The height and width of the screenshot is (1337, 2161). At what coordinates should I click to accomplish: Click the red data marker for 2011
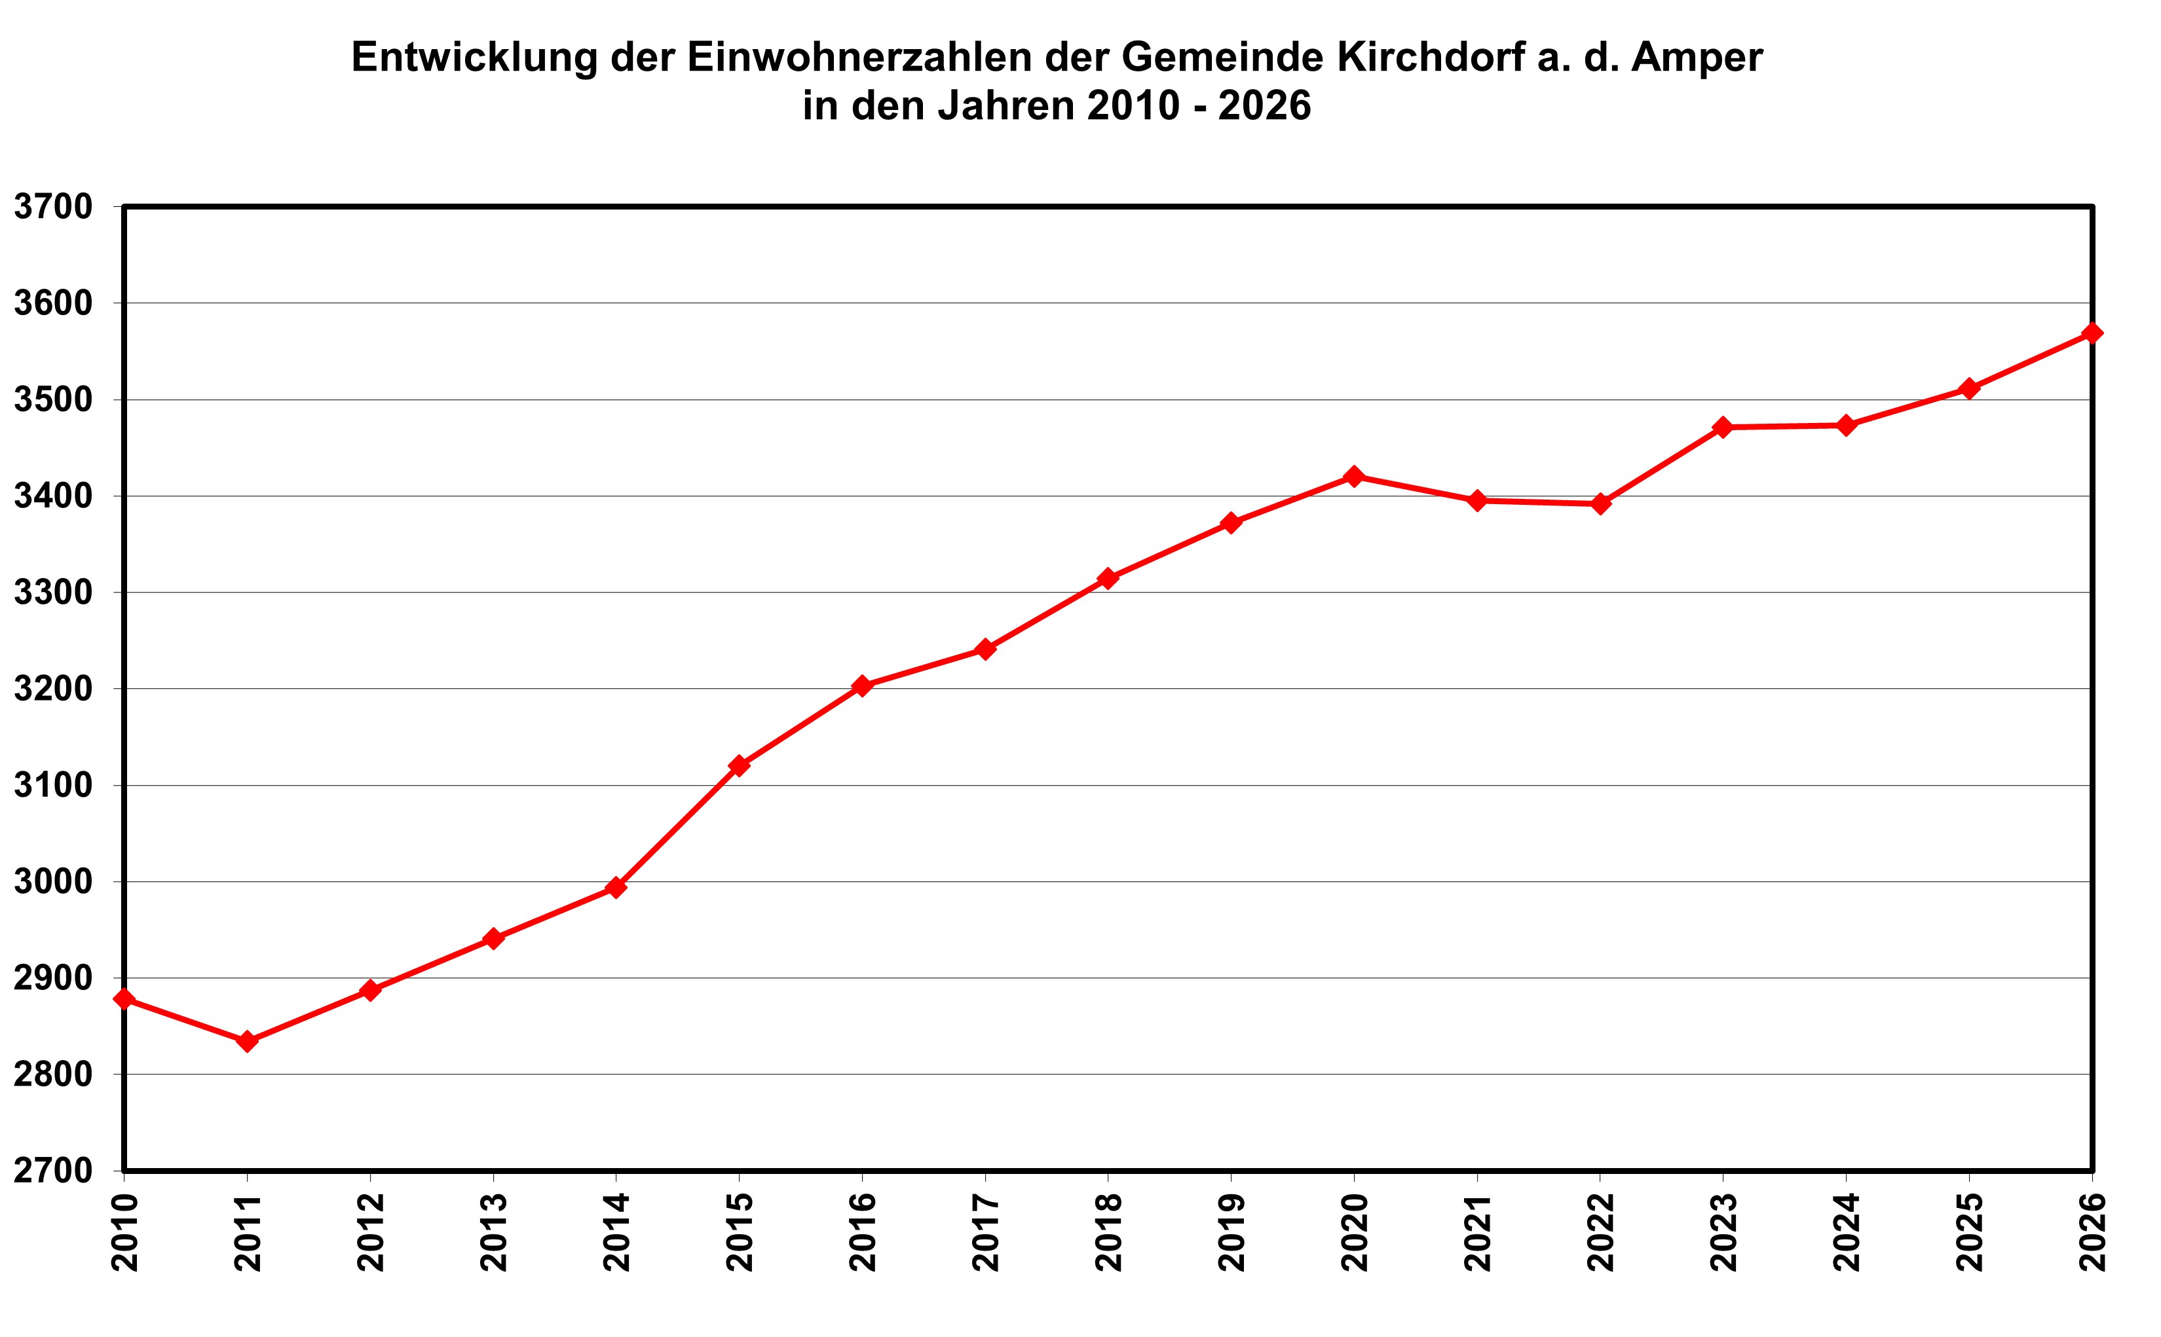click(248, 1041)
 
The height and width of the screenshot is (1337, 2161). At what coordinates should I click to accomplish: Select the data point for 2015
click(740, 765)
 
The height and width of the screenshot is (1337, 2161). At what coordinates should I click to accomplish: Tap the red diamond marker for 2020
click(1353, 477)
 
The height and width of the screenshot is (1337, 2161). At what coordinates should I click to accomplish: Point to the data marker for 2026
click(2092, 333)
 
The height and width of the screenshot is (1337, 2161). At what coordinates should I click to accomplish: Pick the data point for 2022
click(1600, 504)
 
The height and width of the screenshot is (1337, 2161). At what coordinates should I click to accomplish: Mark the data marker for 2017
click(985, 649)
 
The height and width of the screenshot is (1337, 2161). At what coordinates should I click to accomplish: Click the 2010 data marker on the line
click(124, 999)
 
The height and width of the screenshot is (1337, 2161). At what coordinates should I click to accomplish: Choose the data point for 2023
click(1722, 427)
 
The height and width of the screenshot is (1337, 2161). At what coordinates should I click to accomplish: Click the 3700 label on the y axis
click(53, 207)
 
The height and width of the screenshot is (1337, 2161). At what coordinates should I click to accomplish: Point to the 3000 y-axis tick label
click(53, 881)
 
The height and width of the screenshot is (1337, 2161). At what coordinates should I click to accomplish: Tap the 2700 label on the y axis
click(53, 1171)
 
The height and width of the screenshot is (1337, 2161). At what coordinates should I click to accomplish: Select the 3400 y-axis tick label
click(53, 496)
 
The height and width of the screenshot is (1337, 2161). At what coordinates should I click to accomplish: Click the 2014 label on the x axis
click(616, 1232)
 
